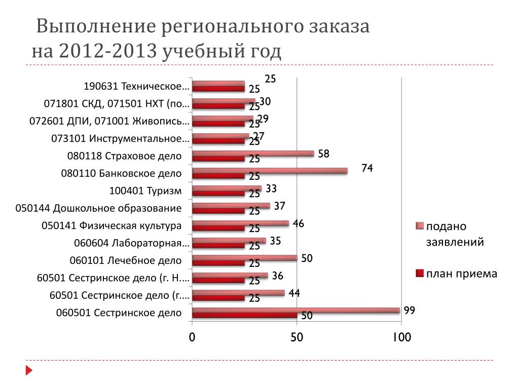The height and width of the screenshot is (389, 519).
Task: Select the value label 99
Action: click(x=410, y=310)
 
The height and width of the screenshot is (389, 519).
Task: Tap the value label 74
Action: click(x=367, y=169)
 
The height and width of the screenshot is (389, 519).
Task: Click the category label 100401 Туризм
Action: click(x=145, y=191)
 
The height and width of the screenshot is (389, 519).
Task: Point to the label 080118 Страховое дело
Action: click(x=124, y=156)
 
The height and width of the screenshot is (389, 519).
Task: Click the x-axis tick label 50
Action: click(x=296, y=337)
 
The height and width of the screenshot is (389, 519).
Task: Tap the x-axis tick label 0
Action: click(x=192, y=337)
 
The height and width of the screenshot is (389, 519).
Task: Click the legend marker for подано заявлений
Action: click(x=419, y=226)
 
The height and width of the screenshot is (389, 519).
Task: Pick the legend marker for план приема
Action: click(x=419, y=274)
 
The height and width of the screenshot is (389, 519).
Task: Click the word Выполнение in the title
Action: click(x=96, y=27)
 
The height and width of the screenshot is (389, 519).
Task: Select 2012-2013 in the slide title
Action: click(x=108, y=52)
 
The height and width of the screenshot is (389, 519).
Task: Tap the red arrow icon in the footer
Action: click(x=29, y=371)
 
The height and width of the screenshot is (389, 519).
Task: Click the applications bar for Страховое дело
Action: click(x=253, y=153)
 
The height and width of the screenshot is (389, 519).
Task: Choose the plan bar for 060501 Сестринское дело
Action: click(x=244, y=316)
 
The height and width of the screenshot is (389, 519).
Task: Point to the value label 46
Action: click(x=299, y=223)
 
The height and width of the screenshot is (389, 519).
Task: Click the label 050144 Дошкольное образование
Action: click(x=99, y=208)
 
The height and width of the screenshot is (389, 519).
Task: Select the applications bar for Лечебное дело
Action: click(x=244, y=258)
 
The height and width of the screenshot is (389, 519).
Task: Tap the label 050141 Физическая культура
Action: click(x=112, y=226)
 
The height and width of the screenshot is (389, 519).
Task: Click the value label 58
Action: click(x=323, y=153)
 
